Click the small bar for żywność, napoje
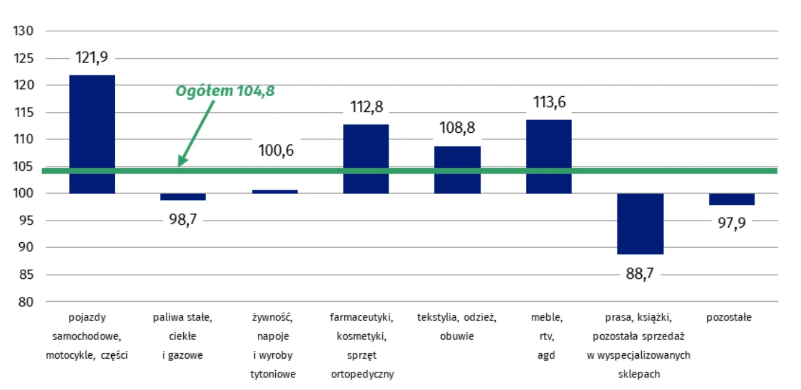coord(275,192)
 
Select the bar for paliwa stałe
coord(183,197)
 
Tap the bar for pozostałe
coord(731,199)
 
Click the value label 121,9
coord(92,58)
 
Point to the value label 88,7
coord(640,274)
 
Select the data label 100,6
coord(276,150)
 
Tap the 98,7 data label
coord(183,221)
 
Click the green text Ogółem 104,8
coord(225,91)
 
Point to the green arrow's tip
coord(180,165)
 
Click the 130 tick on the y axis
coord(25,31)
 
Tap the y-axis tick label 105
coord(25,166)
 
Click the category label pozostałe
coord(729,317)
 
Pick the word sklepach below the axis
coord(639,374)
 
